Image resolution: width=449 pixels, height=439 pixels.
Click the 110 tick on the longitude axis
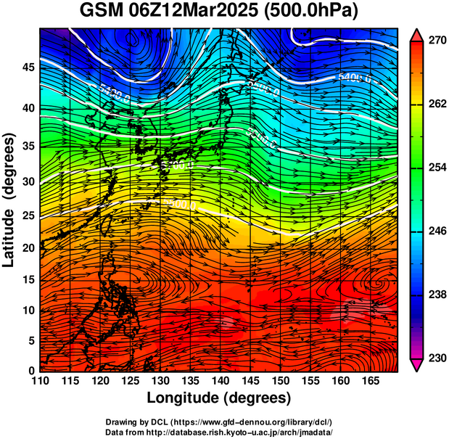tap(40, 381)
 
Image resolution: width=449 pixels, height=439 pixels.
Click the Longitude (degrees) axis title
tap(219, 398)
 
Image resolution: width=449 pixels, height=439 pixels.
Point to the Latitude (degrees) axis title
tap(10, 200)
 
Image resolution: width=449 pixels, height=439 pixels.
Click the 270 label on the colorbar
tap(436, 41)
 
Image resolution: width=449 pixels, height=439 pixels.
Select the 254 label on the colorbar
tap(436, 168)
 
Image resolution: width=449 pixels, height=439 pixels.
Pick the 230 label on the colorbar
tap(436, 358)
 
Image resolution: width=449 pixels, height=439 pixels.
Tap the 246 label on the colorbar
tap(436, 231)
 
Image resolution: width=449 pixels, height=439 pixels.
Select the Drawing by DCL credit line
tap(218, 422)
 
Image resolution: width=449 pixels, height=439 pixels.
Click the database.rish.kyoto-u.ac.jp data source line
tap(218, 431)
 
